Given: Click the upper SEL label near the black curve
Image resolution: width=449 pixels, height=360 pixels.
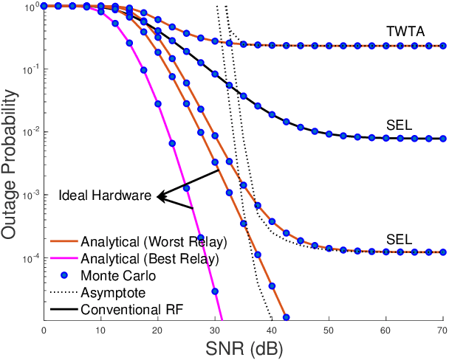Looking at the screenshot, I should tap(398, 125).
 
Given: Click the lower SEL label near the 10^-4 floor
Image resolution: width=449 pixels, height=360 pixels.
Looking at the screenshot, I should tap(398, 239).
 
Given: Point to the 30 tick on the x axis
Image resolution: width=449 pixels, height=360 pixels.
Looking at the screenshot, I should tap(214, 328).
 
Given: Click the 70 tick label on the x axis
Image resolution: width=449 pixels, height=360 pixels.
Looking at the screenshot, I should tap(442, 328).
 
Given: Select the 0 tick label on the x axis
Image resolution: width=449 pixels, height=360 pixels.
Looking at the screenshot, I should tap(44, 328).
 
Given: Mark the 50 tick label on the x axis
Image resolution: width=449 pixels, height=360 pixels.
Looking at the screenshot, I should tap(328, 328).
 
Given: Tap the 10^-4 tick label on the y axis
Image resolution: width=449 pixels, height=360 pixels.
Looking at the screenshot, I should tap(30, 258).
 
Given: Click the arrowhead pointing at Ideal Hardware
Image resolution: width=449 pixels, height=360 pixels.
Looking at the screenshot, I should tap(160, 197).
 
